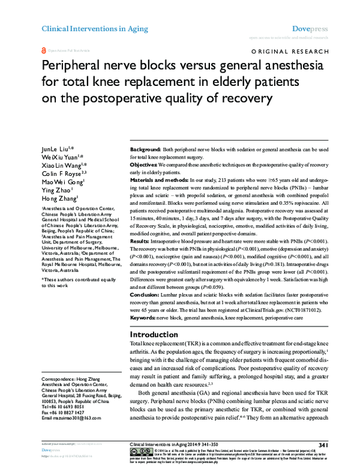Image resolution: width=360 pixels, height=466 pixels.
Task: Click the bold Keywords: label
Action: (143, 316)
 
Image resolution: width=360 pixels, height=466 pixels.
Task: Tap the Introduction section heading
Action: (155, 333)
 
